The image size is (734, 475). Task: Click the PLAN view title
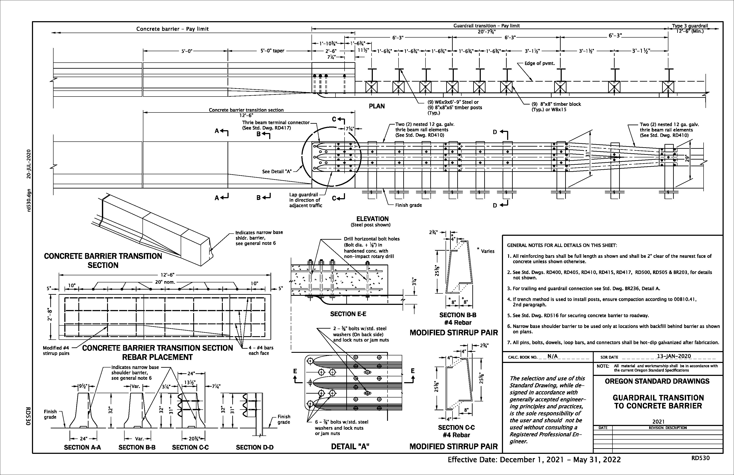pos(376,106)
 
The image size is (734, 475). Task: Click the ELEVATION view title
pos(372,219)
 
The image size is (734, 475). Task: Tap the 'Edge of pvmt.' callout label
pos(540,63)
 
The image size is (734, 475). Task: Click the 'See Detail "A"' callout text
pos(277,171)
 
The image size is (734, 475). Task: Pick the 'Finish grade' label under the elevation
pos(408,205)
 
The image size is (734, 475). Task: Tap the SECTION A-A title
pos(82,447)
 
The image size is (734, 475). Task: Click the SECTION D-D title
pos(255,447)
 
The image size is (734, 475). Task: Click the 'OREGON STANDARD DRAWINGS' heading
pos(657,381)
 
